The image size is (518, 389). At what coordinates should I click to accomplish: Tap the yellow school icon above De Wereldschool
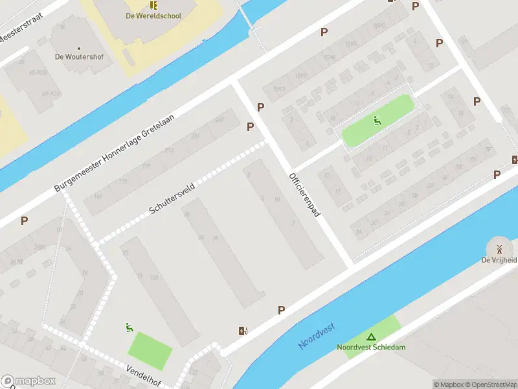(154, 4)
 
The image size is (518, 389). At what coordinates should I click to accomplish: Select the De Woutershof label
(79, 57)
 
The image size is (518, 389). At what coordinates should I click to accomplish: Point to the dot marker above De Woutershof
(79, 48)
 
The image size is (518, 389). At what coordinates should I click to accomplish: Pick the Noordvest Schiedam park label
(371, 348)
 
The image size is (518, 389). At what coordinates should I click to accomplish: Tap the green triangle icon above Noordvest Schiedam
(371, 336)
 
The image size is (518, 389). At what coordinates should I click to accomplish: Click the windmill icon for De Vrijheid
(499, 249)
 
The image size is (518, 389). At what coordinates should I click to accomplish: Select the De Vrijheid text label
(499, 261)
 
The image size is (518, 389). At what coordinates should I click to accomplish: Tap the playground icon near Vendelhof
(129, 327)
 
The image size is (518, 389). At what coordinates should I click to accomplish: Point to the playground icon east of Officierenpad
(376, 119)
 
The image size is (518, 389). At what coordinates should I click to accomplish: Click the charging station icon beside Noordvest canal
(243, 331)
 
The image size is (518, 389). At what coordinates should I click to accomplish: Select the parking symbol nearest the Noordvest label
(281, 311)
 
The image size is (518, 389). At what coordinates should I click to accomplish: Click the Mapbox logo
(28, 381)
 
